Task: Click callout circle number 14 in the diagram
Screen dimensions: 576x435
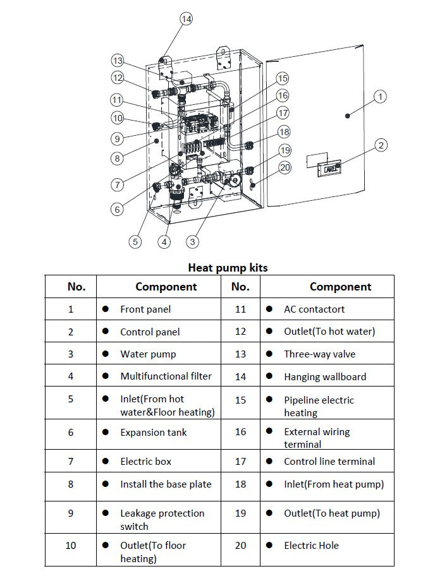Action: click(186, 19)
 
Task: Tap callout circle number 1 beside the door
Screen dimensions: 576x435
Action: click(380, 97)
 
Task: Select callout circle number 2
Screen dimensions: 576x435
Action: click(381, 146)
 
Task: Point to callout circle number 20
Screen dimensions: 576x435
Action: click(285, 167)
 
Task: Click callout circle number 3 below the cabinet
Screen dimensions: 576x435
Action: click(193, 241)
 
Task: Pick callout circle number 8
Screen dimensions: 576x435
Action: click(118, 158)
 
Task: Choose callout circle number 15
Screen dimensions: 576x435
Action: click(282, 78)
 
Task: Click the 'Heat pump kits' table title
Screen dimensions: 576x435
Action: click(228, 268)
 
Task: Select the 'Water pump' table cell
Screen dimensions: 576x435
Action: click(148, 354)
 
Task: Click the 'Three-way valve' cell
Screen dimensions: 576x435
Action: click(319, 354)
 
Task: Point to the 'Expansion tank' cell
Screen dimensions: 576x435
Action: click(153, 433)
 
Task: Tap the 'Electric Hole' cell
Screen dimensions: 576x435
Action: click(311, 545)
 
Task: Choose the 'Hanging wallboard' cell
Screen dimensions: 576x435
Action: click(324, 376)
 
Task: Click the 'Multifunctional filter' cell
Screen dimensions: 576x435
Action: click(166, 376)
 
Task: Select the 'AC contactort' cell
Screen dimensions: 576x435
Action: click(314, 309)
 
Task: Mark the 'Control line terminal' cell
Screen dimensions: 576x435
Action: click(329, 461)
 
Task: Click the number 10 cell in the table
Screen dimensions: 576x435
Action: click(71, 545)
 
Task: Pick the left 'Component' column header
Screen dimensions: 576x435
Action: click(166, 286)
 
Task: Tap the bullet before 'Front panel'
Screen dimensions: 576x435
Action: click(106, 309)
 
